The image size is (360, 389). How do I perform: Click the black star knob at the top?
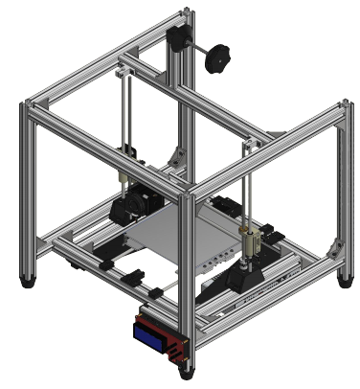tap(219, 57)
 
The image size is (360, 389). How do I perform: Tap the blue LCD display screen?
tap(150, 334)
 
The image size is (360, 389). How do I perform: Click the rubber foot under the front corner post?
tap(185, 373)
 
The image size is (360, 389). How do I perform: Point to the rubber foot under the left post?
tap(29, 282)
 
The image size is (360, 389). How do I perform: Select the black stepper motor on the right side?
tap(247, 278)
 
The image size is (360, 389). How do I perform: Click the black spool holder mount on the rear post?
tap(178, 39)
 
